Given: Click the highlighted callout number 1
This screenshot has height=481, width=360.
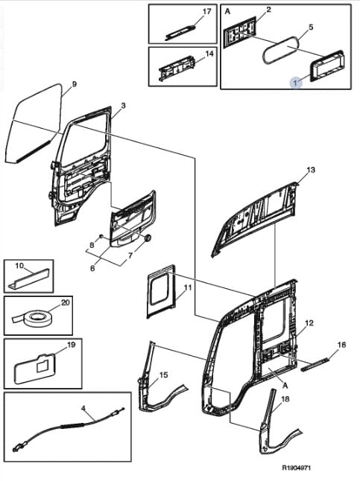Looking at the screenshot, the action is coord(296,83).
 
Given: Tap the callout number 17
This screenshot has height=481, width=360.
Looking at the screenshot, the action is coord(207,11).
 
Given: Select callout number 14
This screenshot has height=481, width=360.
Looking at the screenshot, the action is coord(209,54).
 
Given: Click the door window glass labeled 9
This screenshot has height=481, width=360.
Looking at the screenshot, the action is coord(34,124).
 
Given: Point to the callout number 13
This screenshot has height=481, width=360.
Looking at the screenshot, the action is coord(311,170).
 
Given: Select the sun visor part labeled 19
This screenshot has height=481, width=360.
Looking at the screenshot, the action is coord(35,368).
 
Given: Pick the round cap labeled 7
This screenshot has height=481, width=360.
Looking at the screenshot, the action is coord(148,238).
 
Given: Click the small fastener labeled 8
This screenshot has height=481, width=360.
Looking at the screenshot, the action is coord(101,236).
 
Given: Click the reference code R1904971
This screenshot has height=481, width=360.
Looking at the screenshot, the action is coord(297,468).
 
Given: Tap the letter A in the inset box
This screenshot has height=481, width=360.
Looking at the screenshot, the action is coord(227,11).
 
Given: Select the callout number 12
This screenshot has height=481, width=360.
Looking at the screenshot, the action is coord(309,322).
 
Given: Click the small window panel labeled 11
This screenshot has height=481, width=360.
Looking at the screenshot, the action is coord(161,291).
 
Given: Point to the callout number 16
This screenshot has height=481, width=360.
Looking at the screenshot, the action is coord(341,345).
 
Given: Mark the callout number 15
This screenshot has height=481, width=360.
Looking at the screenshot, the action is coord(164,375).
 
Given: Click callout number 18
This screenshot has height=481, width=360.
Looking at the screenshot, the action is coord(285,399).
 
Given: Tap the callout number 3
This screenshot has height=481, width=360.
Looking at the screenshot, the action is coord(123,106).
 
